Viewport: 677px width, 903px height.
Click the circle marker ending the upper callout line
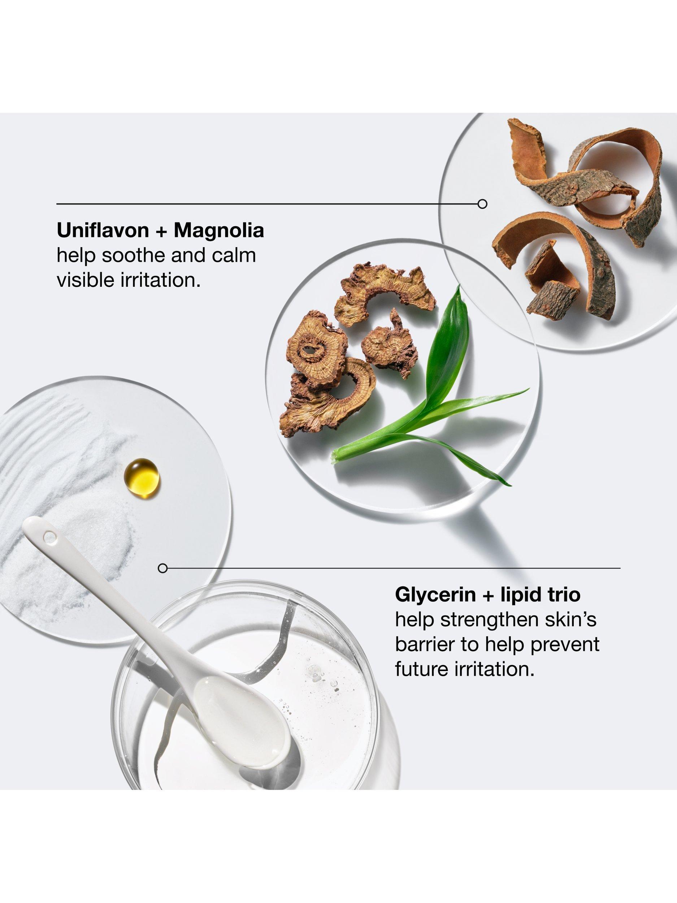tap(482, 204)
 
